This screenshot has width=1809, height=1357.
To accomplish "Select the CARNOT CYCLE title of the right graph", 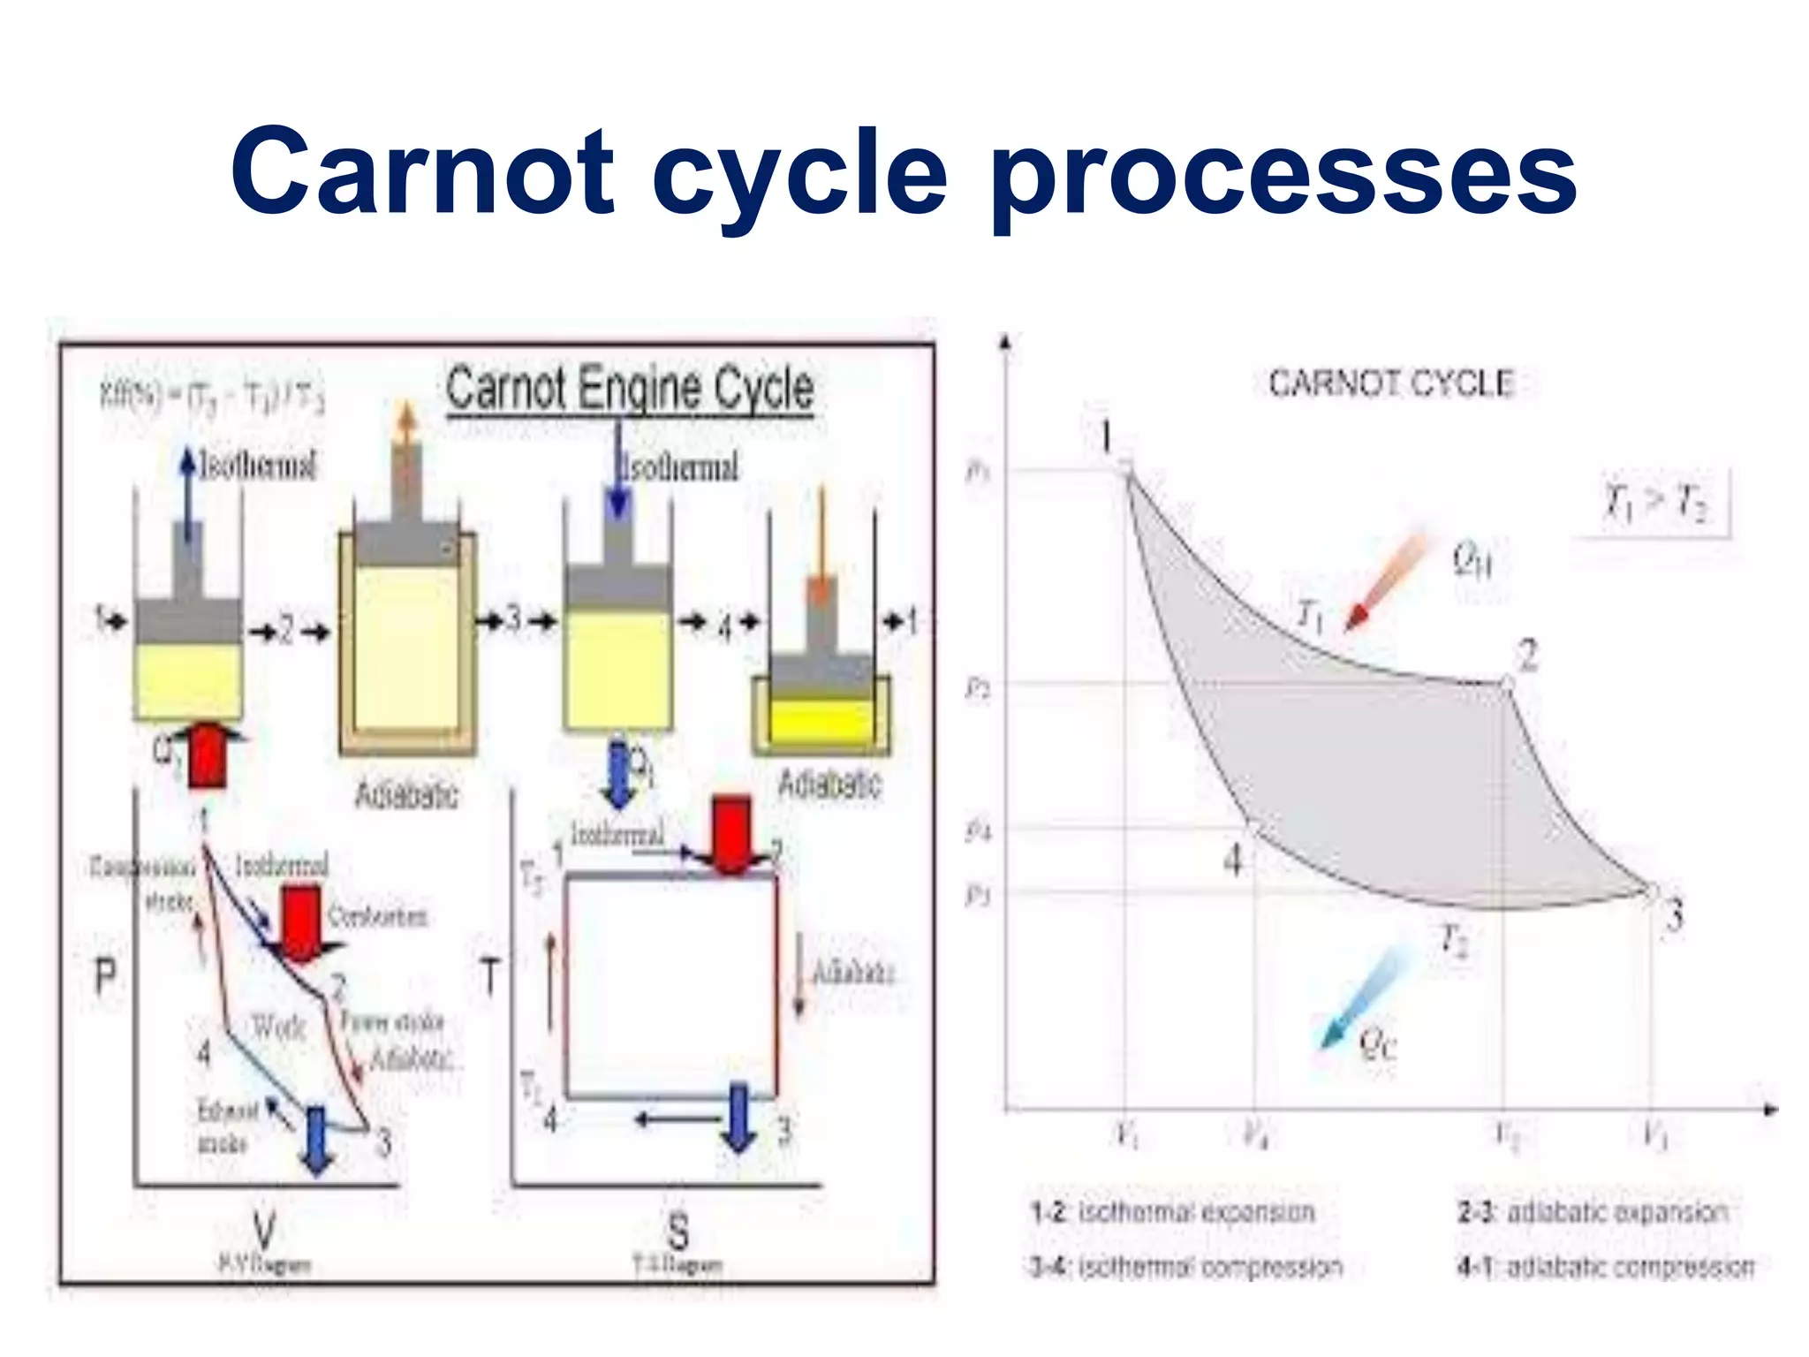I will click(1390, 383).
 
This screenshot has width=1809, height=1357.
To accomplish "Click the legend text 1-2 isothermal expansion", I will click(1172, 1212).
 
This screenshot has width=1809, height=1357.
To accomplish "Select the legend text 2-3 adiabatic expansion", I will click(1593, 1212).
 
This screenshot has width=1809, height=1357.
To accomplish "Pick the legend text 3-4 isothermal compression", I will click(1185, 1267).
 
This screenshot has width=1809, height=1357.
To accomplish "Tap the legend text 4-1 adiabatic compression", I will click(1605, 1267).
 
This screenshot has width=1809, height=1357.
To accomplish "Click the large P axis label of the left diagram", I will click(105, 977).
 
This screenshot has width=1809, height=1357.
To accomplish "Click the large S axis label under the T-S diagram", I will click(677, 1230).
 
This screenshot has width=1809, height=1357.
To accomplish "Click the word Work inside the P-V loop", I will click(278, 1027).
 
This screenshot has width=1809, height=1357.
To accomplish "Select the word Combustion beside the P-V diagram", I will click(377, 916).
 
